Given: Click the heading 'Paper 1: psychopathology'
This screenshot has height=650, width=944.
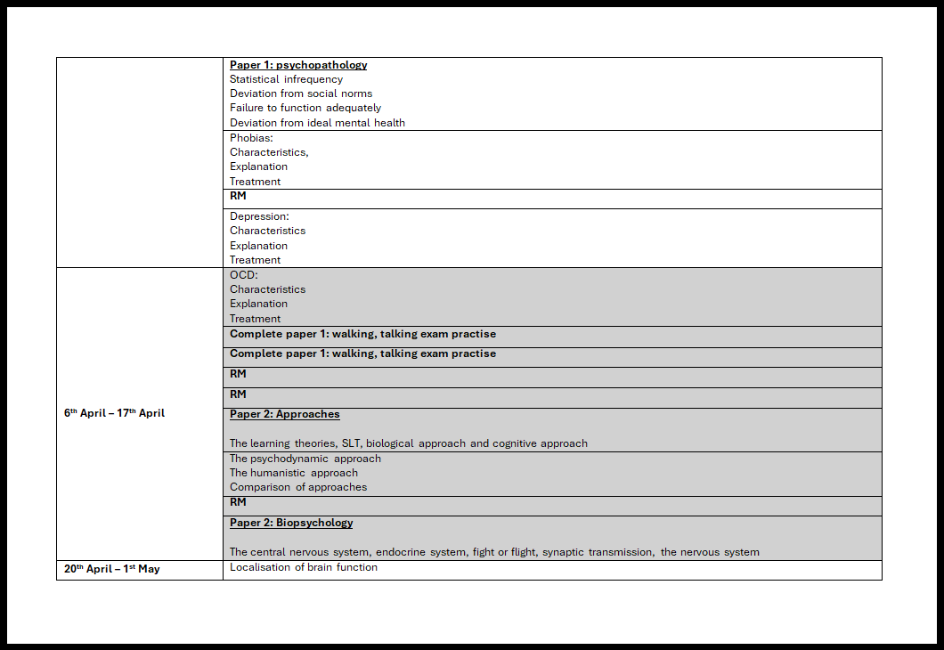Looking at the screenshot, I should (x=298, y=65).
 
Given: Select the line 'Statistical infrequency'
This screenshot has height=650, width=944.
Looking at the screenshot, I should (x=286, y=79).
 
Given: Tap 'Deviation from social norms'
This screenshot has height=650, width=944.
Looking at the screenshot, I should (x=301, y=93).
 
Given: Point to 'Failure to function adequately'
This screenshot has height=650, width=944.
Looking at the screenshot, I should (x=305, y=108).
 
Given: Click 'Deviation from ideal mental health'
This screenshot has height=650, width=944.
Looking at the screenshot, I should (x=317, y=123).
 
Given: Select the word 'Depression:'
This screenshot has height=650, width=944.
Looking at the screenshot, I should (x=259, y=216).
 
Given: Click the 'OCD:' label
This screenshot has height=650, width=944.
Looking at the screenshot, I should (x=244, y=275).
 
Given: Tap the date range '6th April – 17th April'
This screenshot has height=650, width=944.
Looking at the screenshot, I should (x=114, y=413).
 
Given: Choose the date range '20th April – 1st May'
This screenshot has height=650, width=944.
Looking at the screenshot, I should (x=112, y=568).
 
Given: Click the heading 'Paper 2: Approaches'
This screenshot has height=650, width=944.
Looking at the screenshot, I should (x=285, y=414).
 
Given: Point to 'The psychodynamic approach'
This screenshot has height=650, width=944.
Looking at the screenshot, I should (x=305, y=459).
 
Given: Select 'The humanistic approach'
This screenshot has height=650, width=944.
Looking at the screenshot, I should (x=294, y=473).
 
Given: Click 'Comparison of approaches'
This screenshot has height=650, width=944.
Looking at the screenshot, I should (x=298, y=487).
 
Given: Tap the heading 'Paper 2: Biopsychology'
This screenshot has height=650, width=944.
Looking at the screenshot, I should (x=291, y=523).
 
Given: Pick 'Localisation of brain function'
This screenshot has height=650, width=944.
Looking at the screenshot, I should (x=304, y=567).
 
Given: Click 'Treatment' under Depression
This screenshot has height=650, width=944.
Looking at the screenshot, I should (x=256, y=260).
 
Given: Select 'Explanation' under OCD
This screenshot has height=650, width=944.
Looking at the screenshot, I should (x=259, y=304).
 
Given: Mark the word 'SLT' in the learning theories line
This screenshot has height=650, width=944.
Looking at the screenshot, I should (x=351, y=443).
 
